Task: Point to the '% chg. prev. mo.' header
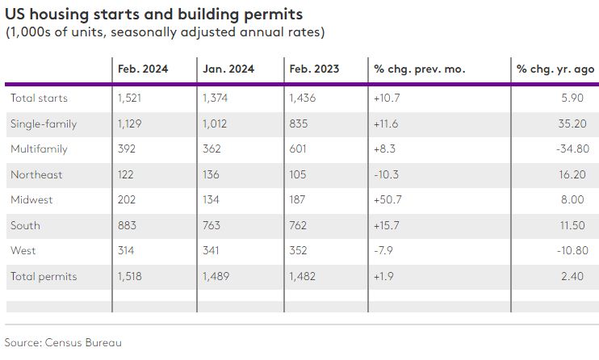tap(419, 69)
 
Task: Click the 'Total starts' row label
tap(39, 98)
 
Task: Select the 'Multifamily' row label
tap(39, 149)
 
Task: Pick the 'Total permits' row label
tap(44, 276)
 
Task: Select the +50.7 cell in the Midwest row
tap(387, 200)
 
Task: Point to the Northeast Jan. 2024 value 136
tap(214, 174)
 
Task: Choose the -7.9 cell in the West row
tap(383, 251)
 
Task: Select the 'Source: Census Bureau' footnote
tap(63, 342)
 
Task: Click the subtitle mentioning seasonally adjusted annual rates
tap(165, 32)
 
